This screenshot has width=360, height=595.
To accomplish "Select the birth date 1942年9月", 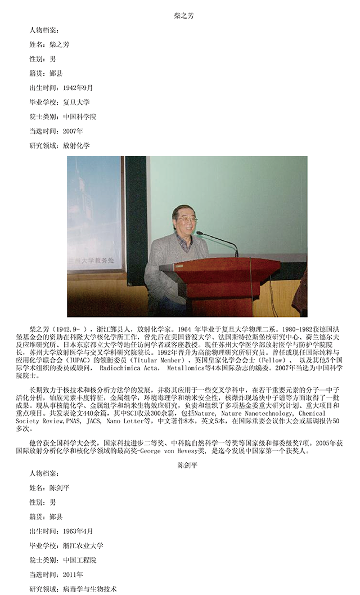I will [x=78, y=87].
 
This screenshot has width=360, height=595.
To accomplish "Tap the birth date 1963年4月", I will [x=78, y=531].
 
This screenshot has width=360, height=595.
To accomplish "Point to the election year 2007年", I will [x=73, y=131].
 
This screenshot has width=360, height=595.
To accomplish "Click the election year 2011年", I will [x=73, y=575].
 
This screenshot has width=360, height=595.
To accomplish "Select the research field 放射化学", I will [x=76, y=146].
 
